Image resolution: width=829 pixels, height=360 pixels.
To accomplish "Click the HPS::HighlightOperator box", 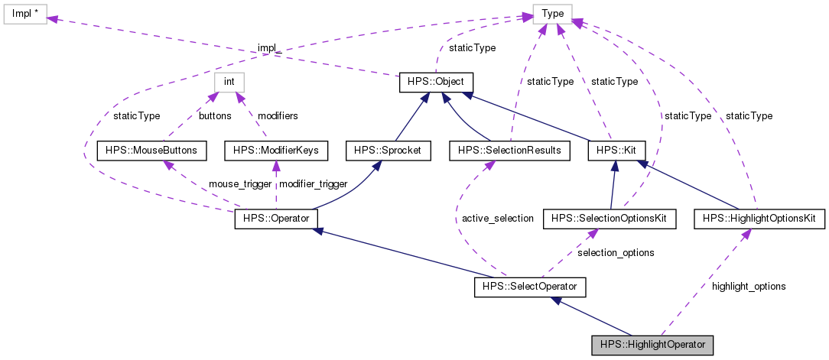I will (652, 345).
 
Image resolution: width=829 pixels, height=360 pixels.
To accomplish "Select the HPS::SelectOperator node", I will (530, 287).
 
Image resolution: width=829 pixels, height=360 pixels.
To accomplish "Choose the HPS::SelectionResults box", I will (509, 151).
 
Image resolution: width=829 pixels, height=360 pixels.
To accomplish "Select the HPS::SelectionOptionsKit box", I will (610, 219).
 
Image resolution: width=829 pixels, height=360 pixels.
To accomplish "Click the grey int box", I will (228, 82).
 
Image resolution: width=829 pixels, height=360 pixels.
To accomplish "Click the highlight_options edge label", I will (748, 286).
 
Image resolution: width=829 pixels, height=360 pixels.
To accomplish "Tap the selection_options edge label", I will (616, 251).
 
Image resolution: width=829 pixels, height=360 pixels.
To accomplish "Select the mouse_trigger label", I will (240, 184).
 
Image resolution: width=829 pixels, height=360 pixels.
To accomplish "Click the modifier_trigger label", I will (314, 184).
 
